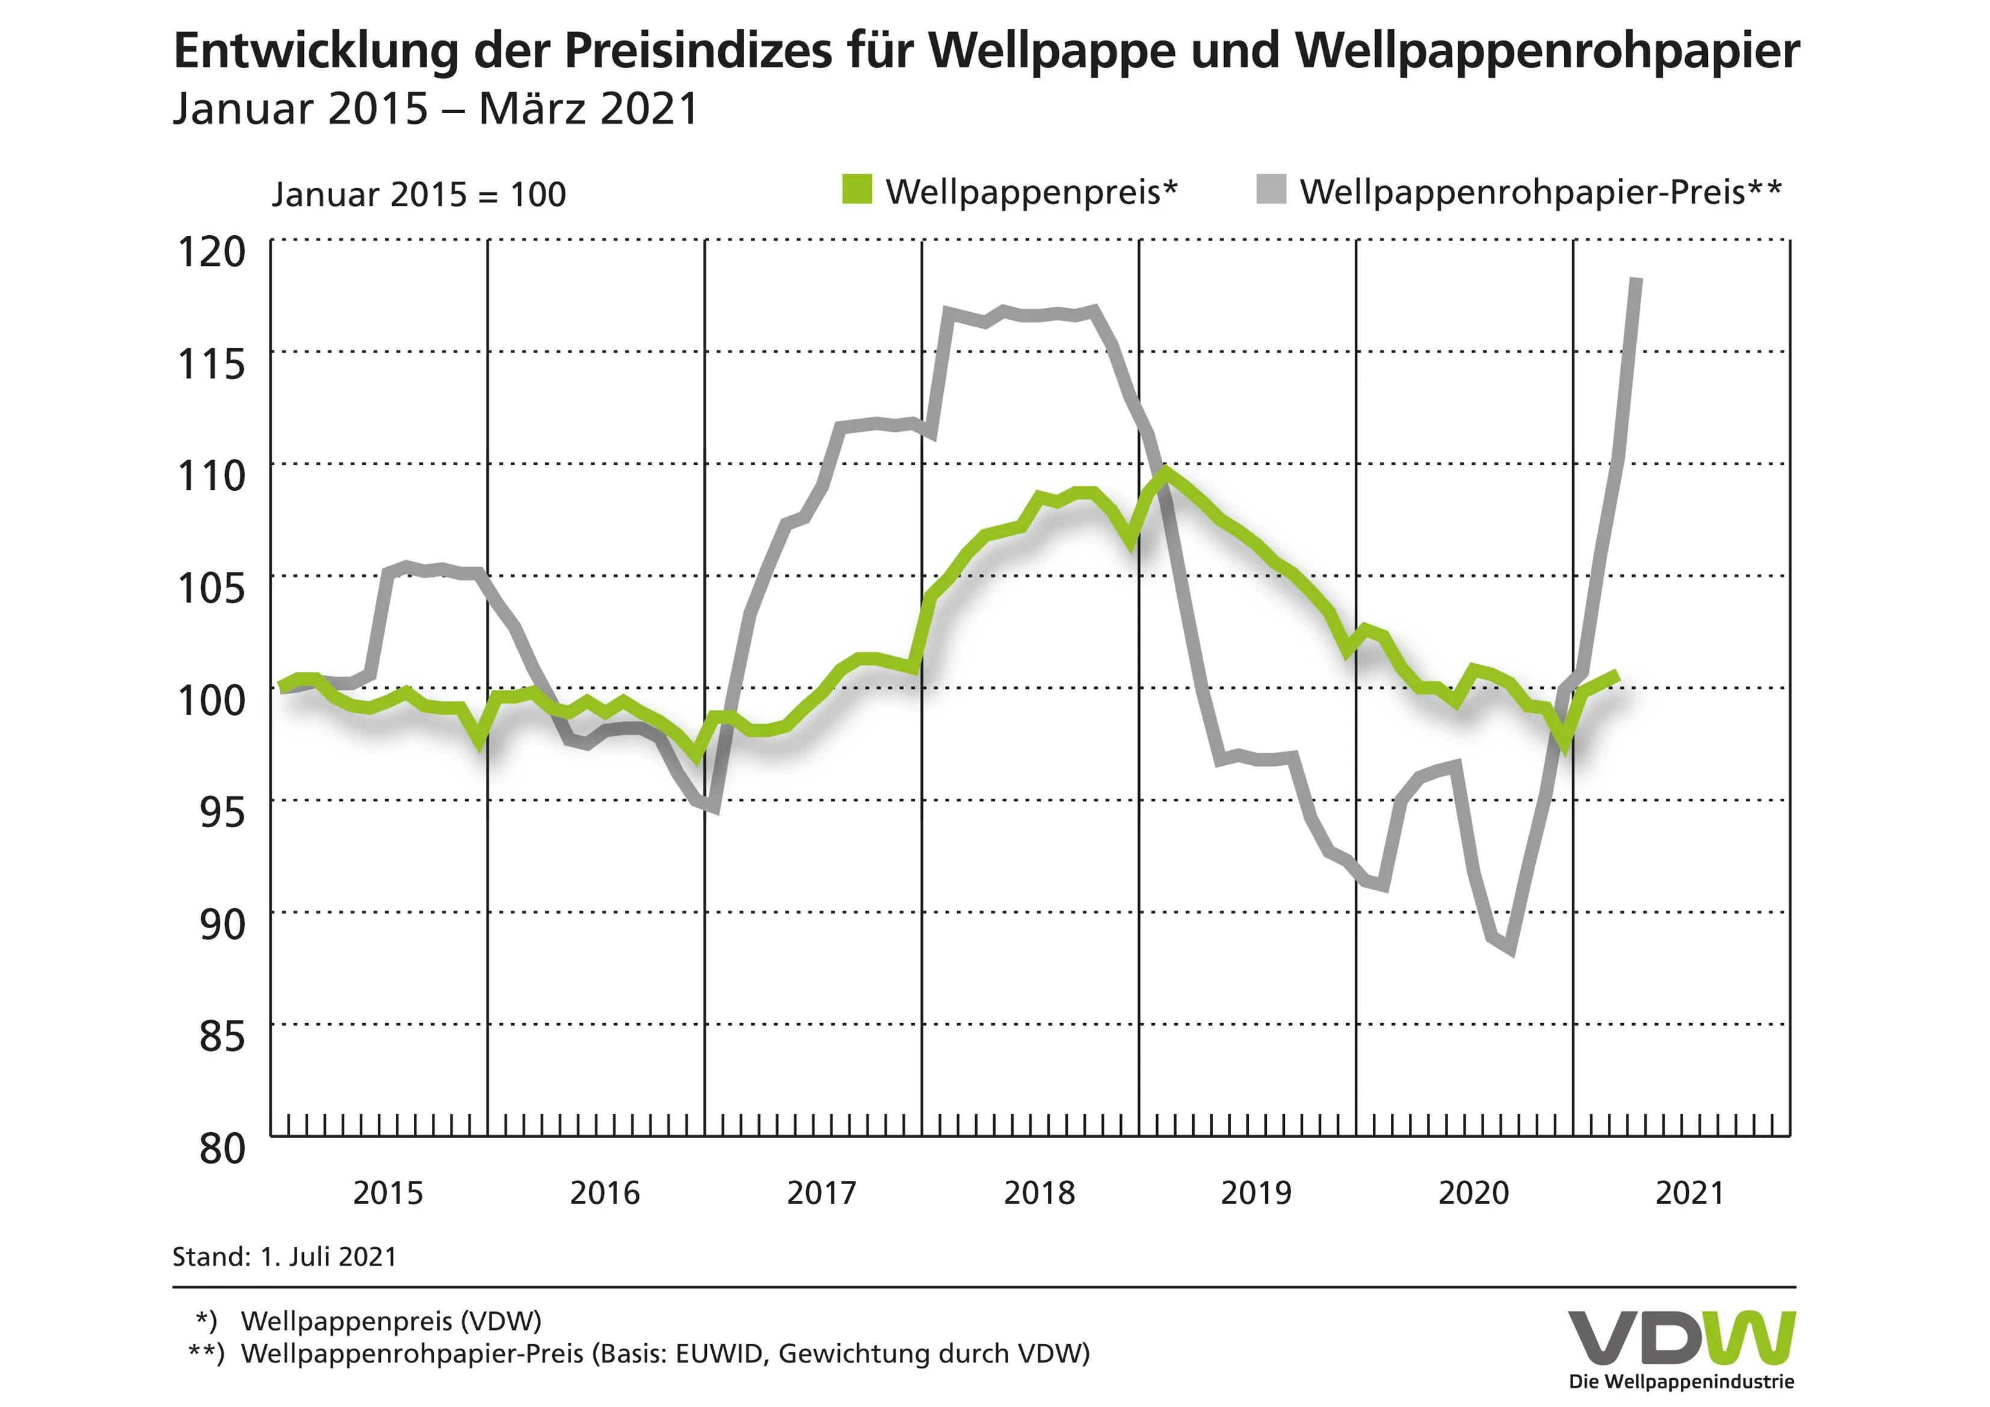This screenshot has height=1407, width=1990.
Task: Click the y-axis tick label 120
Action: pos(212,252)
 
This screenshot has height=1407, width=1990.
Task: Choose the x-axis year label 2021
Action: pos(1689,1193)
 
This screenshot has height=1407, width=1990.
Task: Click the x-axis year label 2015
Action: pos(387,1193)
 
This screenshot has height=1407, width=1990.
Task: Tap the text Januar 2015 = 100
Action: pos(419,194)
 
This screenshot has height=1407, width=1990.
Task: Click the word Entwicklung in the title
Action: pos(315,51)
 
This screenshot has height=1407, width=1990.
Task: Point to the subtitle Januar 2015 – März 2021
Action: pos(435,109)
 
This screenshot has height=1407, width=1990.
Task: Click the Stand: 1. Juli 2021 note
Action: pos(285,1257)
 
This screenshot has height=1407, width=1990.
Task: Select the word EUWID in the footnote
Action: pos(718,1353)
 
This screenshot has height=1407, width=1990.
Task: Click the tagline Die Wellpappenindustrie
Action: pos(1681,1382)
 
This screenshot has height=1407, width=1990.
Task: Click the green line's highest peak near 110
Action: pos(1166,472)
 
